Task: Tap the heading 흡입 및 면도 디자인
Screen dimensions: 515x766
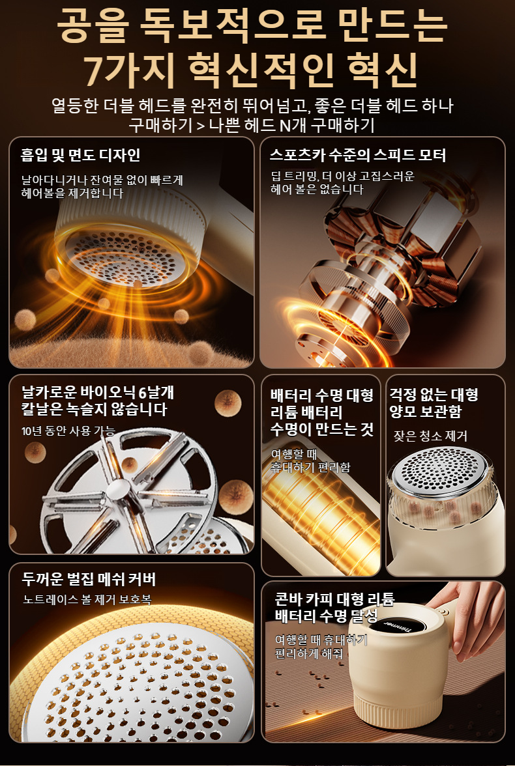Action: (x=81, y=155)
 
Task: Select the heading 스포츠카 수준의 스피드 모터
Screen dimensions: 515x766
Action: (x=357, y=155)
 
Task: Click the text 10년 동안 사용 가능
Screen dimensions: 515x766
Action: (x=68, y=431)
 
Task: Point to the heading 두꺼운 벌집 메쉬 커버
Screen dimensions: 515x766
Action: (x=89, y=579)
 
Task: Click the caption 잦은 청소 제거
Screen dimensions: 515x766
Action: (x=430, y=436)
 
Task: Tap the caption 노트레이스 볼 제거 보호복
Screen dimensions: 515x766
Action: (x=87, y=599)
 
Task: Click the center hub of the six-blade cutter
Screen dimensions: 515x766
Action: (x=119, y=489)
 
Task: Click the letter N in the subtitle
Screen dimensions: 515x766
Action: (x=285, y=126)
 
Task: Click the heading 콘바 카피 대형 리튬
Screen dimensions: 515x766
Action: (x=334, y=599)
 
